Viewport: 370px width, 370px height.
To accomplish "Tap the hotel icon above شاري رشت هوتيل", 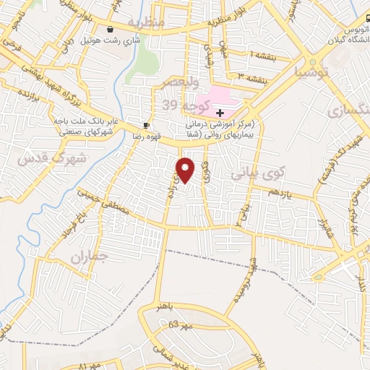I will pyautogui.click(x=109, y=30).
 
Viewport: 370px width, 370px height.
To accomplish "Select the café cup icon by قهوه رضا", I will pyautogui.click(x=147, y=124).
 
